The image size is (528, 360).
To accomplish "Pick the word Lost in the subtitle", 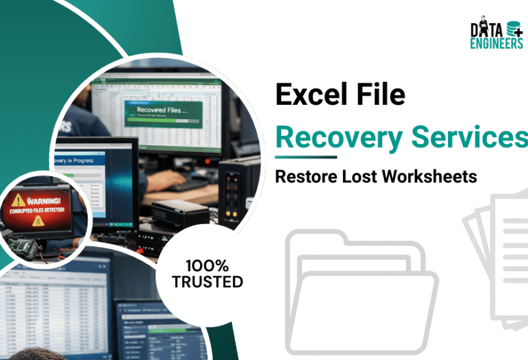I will tap(360, 176).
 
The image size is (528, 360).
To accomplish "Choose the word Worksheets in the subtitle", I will tap(430, 176).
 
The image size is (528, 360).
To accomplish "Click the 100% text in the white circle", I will tap(207, 266).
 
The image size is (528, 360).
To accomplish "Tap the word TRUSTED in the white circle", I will tap(207, 282).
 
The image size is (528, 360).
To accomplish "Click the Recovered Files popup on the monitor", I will tap(163, 111).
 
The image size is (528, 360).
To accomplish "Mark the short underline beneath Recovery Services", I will tap(306, 157).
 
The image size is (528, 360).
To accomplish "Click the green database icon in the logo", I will tap(514, 29).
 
